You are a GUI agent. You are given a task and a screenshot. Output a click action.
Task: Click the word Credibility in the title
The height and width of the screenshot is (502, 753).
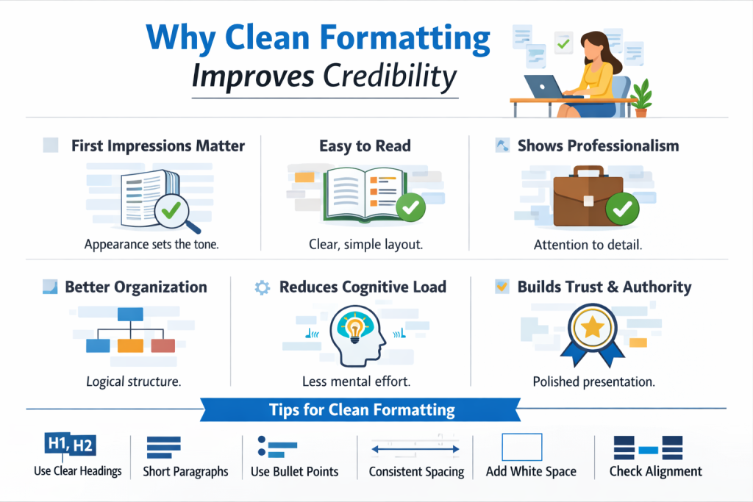point(390,76)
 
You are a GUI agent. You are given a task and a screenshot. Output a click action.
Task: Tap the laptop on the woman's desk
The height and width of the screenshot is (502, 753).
point(545,87)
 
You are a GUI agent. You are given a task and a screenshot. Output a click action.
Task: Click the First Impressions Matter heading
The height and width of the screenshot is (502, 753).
point(158,146)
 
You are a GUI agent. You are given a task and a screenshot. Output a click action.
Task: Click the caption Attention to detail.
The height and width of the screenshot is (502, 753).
point(588,245)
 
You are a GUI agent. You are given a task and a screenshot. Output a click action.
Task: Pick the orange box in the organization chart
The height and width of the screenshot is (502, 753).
point(131,345)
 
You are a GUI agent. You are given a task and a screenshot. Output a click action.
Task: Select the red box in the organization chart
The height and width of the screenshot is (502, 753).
point(163,345)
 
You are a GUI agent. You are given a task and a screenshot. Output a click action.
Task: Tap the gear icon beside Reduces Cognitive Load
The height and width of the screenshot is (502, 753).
point(263,287)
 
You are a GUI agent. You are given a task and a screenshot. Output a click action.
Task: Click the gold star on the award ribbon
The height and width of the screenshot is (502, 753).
point(593,329)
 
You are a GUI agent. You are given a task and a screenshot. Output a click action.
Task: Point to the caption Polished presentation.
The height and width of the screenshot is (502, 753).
point(593,382)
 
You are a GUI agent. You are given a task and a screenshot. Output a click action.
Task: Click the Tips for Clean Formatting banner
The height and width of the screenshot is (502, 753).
point(360,410)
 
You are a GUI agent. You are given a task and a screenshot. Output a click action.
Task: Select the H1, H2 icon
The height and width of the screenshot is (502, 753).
point(70,445)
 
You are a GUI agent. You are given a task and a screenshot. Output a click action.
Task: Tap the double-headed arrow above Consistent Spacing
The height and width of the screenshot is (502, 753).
point(415,449)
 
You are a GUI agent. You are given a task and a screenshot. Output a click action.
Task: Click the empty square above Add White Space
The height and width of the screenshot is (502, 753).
point(522,448)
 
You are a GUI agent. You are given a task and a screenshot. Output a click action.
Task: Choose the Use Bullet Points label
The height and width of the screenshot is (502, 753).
point(294,472)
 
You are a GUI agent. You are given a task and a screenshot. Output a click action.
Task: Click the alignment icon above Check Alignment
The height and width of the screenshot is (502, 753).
point(649,448)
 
